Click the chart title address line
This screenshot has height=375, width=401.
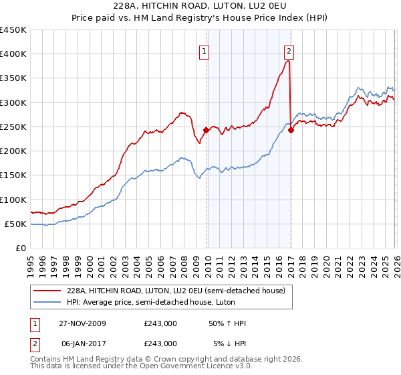pos(200,7)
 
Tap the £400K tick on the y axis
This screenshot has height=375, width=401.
pos(13,54)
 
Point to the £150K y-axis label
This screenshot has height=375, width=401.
pos(13,175)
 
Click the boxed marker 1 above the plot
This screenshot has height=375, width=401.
pos(204,50)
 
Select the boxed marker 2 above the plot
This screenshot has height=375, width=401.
pos(289,50)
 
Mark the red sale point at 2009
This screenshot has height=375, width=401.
pos(206,131)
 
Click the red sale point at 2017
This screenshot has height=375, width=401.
pos(291,131)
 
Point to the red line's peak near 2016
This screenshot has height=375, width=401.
pos(287,61)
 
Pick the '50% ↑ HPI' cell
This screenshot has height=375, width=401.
pos(227,323)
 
